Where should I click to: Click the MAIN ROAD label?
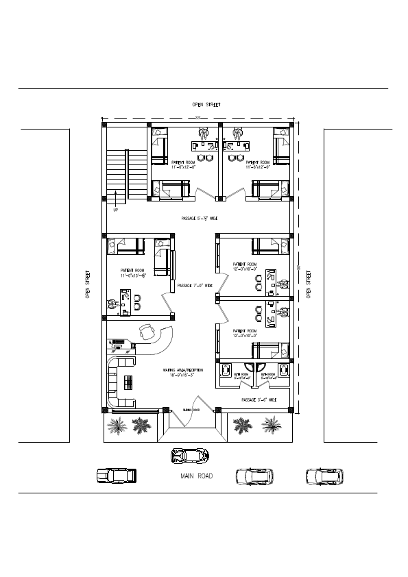click(197, 476)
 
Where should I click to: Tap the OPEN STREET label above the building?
click(206, 105)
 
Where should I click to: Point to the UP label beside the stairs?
click(115, 210)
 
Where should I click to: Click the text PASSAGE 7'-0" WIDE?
click(194, 285)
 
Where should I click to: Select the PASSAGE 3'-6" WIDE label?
click(259, 400)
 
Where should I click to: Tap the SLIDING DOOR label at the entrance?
click(191, 410)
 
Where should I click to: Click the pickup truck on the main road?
click(117, 476)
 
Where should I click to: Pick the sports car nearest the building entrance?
click(190, 454)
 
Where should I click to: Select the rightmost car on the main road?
click(324, 476)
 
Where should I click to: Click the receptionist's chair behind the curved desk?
click(146, 332)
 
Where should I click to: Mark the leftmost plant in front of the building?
click(117, 426)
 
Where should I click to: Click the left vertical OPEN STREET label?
click(88, 285)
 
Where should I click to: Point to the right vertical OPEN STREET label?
click(309, 285)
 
